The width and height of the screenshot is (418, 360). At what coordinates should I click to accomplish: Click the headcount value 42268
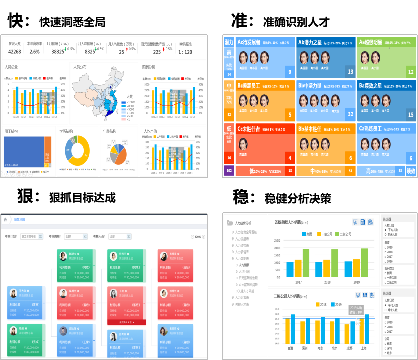pos(15,52)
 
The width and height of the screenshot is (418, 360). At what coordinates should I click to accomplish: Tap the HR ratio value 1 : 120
pos(185,52)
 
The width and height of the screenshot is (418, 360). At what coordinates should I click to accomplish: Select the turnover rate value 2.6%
pos(34,52)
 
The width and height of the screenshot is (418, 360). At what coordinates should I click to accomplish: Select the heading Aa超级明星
pos(371,43)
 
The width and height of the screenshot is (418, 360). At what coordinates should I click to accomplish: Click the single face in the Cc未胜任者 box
pos(243,144)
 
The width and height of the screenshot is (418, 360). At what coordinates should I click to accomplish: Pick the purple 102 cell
pos(229,171)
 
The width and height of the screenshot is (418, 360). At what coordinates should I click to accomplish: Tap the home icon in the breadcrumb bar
pos(5,220)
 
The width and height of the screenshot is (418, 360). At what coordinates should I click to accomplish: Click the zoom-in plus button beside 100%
pos(204,236)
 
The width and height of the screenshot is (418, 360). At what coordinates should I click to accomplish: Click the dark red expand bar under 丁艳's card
pos(126,322)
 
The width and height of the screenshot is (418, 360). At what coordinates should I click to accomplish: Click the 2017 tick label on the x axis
pos(298,282)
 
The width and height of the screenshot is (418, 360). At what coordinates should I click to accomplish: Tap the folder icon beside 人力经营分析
pos(230,223)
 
